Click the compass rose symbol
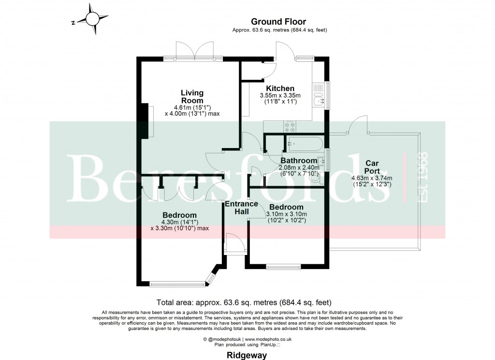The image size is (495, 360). pos(91,19)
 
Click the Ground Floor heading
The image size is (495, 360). pos(278,21)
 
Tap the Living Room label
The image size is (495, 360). pos(192,96)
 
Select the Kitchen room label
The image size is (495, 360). pos(280,89)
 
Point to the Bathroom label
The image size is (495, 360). pos(299,161)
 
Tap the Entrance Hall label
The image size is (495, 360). pos(241,208)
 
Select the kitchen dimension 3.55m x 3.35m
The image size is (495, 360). pos(280,95)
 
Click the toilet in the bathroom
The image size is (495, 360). pos(316,178)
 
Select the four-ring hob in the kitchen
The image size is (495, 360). pos(290,127)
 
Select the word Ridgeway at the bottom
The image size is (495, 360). pos(247,355)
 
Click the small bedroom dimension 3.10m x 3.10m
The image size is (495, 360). pos(287,214)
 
